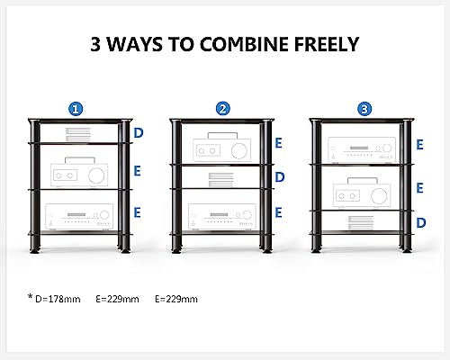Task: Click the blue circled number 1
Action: point(76,109)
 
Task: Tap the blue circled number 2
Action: point(223,109)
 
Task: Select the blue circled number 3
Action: point(364,109)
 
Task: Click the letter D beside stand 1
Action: point(138,133)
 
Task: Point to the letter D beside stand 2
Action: point(280,177)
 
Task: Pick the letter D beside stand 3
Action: point(421,223)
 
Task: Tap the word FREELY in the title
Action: point(327,44)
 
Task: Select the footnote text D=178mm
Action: point(58,299)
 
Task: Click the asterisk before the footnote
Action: point(30,297)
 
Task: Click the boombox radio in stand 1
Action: point(79,172)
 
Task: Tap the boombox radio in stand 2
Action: point(222,148)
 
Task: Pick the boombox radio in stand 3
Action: point(362,193)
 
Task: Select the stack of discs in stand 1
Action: point(78,135)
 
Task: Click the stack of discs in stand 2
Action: point(221,179)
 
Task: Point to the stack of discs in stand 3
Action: point(361,223)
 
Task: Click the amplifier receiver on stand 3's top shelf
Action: point(362,150)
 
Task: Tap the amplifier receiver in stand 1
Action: point(79,217)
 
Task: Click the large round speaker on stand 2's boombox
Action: point(239,150)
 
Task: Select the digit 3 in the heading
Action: point(96,44)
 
